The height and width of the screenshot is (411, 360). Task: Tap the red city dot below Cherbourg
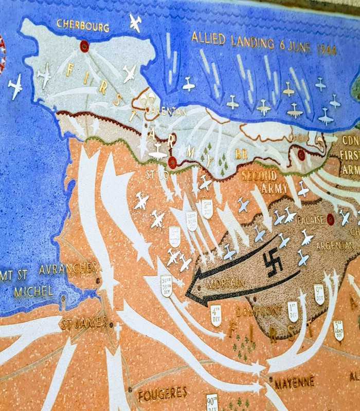click(x=84, y=46)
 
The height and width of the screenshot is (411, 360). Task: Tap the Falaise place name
click(x=310, y=220)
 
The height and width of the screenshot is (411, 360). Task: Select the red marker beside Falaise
click(x=330, y=219)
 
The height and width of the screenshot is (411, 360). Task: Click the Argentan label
click(x=335, y=246)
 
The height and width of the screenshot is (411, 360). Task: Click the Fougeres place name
click(x=163, y=394)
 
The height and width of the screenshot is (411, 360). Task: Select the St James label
click(x=83, y=324)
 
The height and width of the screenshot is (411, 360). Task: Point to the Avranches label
click(x=67, y=268)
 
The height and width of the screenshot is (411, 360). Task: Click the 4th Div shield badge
click(x=216, y=315)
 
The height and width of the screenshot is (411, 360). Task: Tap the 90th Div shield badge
click(x=212, y=402)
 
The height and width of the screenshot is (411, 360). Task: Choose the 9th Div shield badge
click(x=319, y=294)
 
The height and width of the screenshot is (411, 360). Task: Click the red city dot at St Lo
click(x=172, y=163)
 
